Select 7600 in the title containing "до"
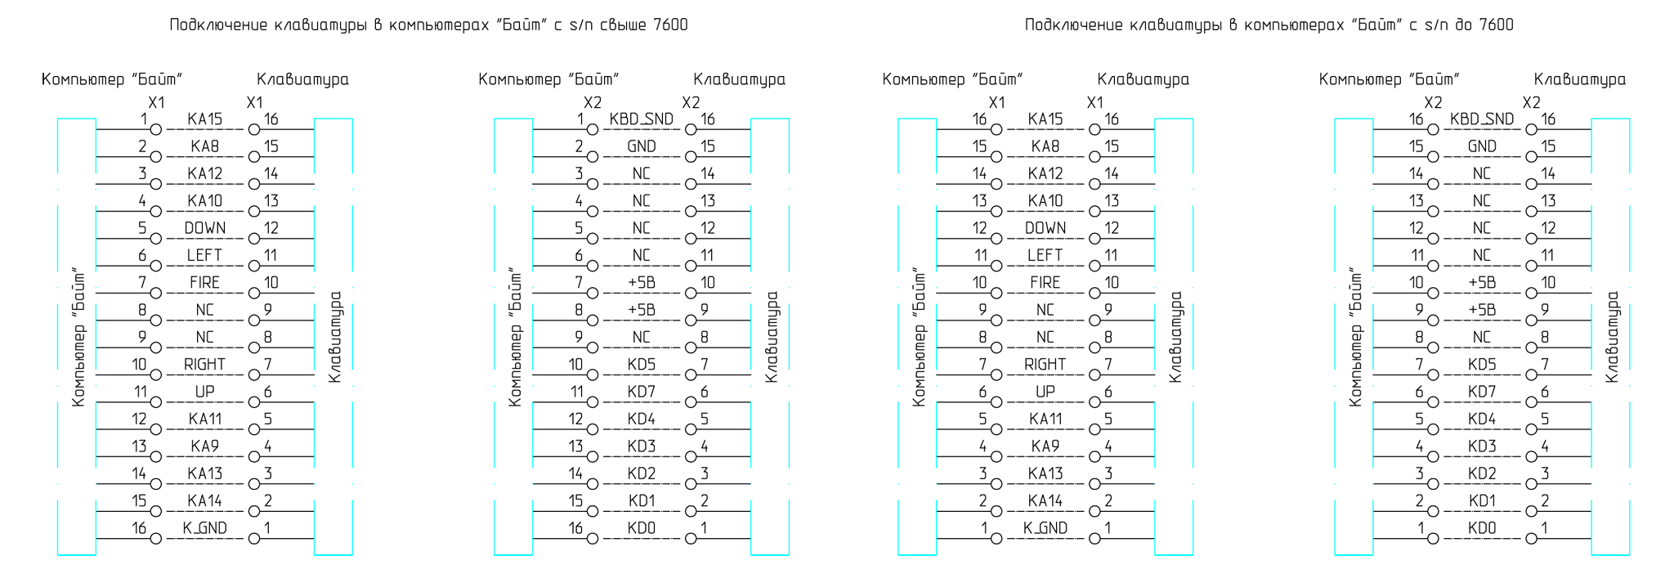[1497, 25]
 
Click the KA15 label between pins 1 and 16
[204, 119]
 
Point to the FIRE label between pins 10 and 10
[1045, 283]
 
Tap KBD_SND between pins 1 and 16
[642, 119]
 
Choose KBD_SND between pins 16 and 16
[1482, 119]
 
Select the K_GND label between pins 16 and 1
[204, 528]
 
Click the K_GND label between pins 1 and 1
[1045, 528]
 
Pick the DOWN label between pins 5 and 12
[204, 228]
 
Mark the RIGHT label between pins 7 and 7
[1045, 365]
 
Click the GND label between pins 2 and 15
[642, 146]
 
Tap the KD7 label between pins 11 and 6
[642, 392]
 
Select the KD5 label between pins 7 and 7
[1482, 365]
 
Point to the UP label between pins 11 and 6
[204, 392]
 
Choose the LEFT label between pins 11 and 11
[1045, 255]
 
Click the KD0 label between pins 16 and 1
[642, 528]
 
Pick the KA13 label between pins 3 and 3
[1045, 473]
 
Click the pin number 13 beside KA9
[139, 446]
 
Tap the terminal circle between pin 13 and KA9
[155, 456]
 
